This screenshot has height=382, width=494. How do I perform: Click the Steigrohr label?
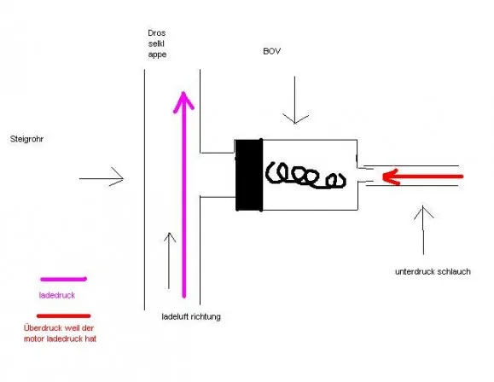[26, 139]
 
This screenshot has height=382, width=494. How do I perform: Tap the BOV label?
[272, 51]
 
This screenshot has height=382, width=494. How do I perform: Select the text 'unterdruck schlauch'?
[433, 272]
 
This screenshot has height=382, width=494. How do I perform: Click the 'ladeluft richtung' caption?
[191, 316]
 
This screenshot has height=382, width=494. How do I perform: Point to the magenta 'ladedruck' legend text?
[57, 295]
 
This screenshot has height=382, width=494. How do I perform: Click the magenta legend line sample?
[63, 279]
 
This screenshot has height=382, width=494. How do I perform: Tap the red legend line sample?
[64, 315]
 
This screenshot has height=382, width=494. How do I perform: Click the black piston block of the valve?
[249, 175]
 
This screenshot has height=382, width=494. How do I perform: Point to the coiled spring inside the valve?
[305, 175]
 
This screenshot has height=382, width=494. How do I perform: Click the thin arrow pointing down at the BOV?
[295, 100]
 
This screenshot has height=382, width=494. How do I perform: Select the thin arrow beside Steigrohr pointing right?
[102, 178]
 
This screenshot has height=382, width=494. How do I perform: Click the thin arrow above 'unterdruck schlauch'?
[423, 230]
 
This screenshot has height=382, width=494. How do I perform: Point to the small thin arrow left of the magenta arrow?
[169, 261]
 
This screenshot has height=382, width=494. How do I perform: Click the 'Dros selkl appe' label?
[157, 43]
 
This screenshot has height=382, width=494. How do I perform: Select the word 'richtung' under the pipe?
[206, 316]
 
